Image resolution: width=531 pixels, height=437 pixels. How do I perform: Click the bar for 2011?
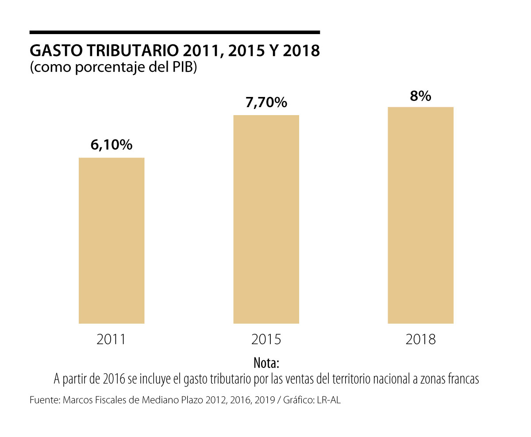[112, 240]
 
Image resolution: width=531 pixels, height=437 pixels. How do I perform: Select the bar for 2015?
[266, 219]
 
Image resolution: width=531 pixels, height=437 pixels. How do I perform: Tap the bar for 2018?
[420, 215]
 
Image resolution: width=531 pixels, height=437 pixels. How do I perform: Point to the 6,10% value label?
[112, 145]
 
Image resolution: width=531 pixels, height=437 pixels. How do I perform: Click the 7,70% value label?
[266, 103]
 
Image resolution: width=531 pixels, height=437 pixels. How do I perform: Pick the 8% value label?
[420, 96]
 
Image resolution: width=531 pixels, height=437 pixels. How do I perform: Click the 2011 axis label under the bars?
[112, 340]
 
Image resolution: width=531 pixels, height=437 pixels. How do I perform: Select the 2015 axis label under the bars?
[266, 340]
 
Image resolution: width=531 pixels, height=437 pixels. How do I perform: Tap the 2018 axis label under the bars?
[420, 340]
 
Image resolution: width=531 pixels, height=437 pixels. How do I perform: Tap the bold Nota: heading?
[266, 363]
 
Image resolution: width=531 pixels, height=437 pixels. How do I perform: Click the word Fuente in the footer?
[44, 400]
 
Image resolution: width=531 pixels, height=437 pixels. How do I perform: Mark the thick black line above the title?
[174, 32]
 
